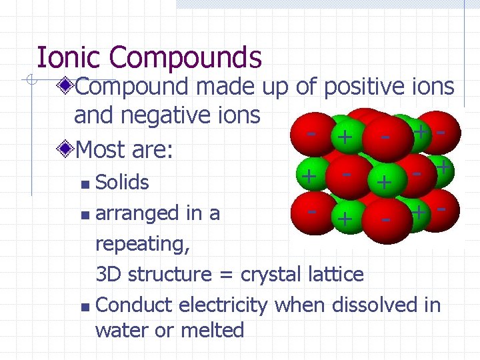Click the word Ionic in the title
(70, 57)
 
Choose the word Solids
(123, 182)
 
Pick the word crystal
(273, 274)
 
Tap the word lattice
(337, 274)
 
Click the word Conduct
(132, 305)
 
